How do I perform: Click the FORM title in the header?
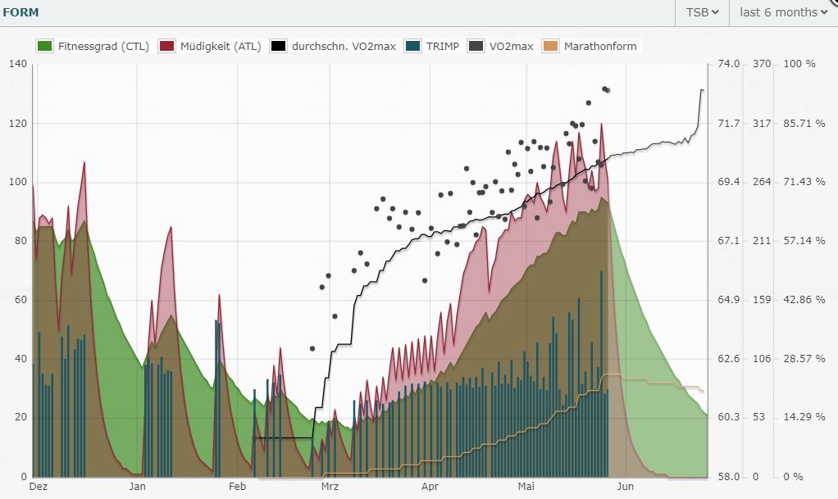pos(20,12)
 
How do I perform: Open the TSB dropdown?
pos(703,12)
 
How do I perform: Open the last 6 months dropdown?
pos(783,12)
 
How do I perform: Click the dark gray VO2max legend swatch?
pos(476,46)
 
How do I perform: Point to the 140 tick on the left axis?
pos(16,64)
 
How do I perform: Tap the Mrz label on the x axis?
pos(330,486)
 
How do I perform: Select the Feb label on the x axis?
pos(237,486)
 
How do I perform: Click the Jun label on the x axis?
pos(624,486)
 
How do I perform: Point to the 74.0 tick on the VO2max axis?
pos(729,64)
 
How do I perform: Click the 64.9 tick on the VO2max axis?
pos(729,300)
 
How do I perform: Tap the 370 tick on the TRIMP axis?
pos(762,64)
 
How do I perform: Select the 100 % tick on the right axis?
pos(799,64)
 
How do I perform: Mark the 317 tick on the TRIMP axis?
pos(762,123)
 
